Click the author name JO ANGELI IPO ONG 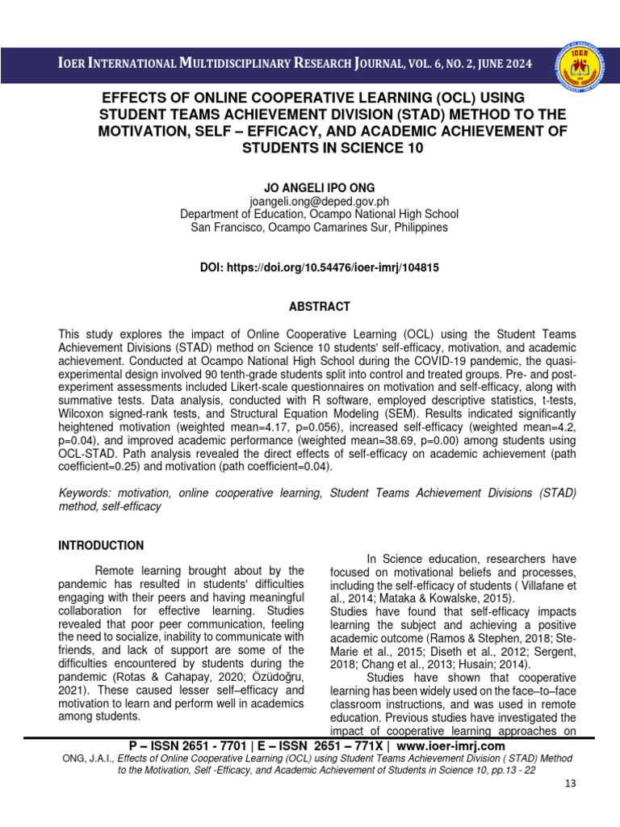(x=310, y=187)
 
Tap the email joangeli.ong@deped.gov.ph (x=310, y=201)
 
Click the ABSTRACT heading (x=309, y=307)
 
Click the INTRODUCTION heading (x=101, y=545)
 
